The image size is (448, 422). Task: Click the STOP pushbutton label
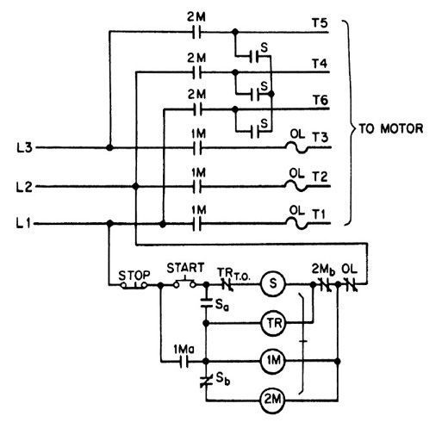134,276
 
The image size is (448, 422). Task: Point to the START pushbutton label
185,268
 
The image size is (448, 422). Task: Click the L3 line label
24,148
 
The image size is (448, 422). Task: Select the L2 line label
24,187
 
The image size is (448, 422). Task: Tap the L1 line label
24,223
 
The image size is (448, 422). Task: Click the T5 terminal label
320,22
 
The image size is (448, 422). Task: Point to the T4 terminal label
320,63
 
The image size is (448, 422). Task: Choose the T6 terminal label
320,100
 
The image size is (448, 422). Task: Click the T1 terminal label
319,214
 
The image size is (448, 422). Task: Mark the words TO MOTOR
391,128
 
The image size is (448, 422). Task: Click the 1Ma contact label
184,350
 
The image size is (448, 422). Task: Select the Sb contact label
223,379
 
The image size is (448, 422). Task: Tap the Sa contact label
221,306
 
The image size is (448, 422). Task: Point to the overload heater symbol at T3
297,147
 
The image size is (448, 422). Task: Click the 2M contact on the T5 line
196,32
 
